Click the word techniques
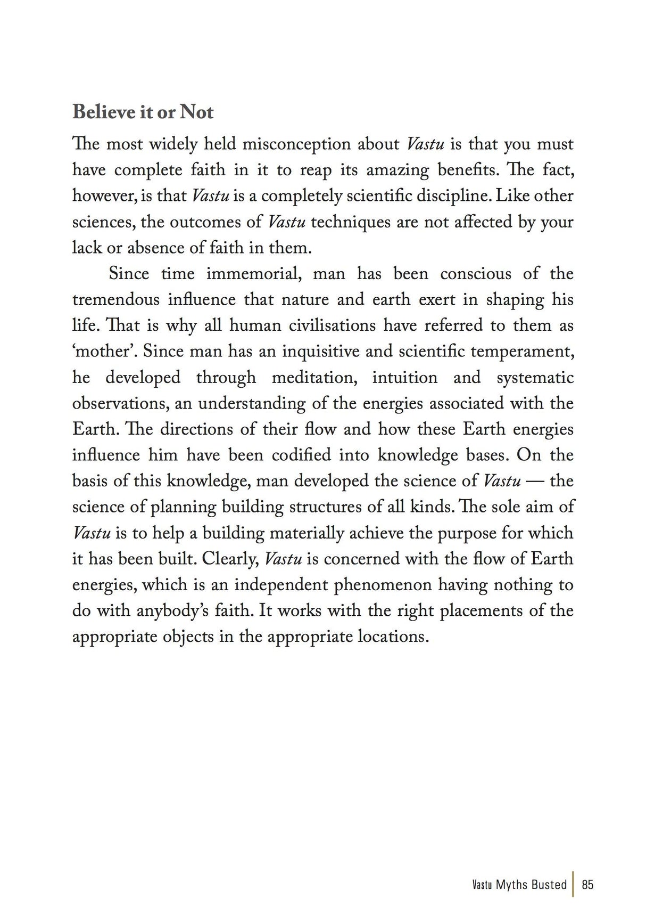(x=351, y=222)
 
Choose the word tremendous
(x=115, y=300)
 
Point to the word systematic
(x=535, y=378)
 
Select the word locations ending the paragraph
(x=393, y=637)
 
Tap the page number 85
(x=587, y=885)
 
